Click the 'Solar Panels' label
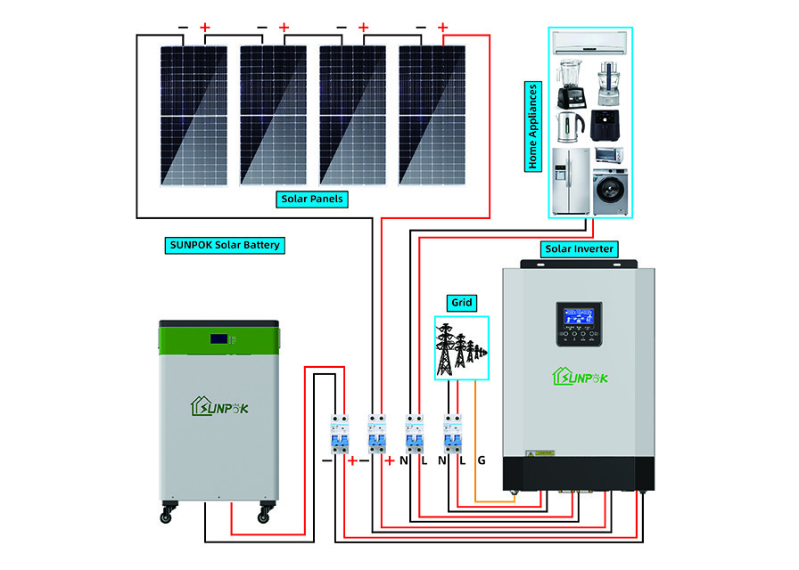[x=311, y=199]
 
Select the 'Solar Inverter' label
[x=578, y=248]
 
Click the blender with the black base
[x=569, y=83]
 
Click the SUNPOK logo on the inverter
[x=581, y=377]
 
